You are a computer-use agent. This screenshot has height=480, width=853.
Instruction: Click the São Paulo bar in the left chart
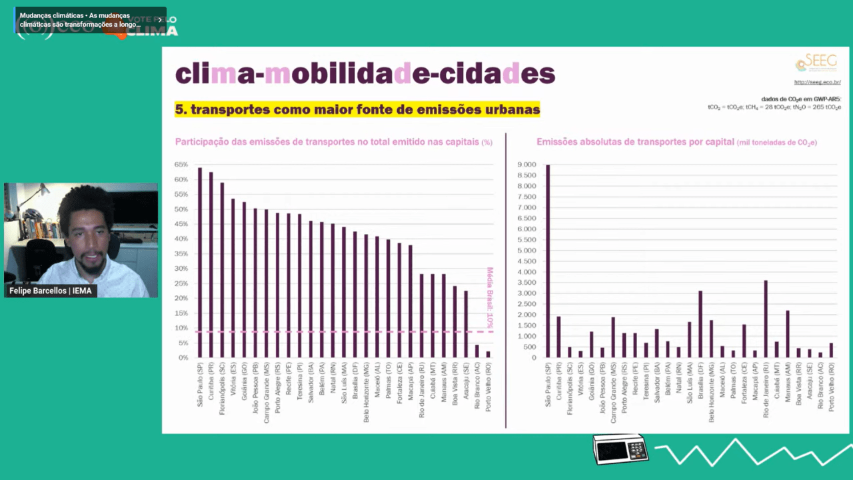[x=200, y=263]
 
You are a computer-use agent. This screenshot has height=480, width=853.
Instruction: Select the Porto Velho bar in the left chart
[x=488, y=354]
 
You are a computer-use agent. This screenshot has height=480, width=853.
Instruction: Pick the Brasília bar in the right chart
[x=700, y=324]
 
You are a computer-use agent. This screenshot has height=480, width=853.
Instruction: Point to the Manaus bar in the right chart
[x=788, y=334]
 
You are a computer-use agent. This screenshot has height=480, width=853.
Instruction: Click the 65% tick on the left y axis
[x=181, y=164]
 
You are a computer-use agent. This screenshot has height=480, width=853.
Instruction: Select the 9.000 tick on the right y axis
[x=526, y=165]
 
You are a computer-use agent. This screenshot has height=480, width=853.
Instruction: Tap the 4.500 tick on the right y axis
[x=526, y=261]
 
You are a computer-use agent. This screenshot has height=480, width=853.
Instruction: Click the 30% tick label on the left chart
[x=181, y=269]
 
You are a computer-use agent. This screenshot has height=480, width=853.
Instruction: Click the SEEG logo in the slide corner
[x=816, y=63]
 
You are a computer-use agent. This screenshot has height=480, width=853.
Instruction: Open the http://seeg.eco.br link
[x=817, y=83]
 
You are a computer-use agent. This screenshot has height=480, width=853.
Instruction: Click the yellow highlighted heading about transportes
[x=357, y=109]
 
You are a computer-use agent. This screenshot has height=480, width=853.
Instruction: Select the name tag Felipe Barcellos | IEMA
[x=50, y=291]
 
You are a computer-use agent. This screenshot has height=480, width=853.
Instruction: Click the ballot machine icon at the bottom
[x=620, y=449]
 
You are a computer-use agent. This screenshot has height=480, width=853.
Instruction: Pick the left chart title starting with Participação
[x=333, y=142]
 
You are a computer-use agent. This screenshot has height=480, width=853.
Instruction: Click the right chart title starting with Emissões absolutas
[x=676, y=142]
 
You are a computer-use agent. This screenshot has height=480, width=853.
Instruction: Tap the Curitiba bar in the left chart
[x=211, y=265]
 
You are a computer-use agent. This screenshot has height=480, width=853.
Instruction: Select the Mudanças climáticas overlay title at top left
[x=83, y=20]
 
